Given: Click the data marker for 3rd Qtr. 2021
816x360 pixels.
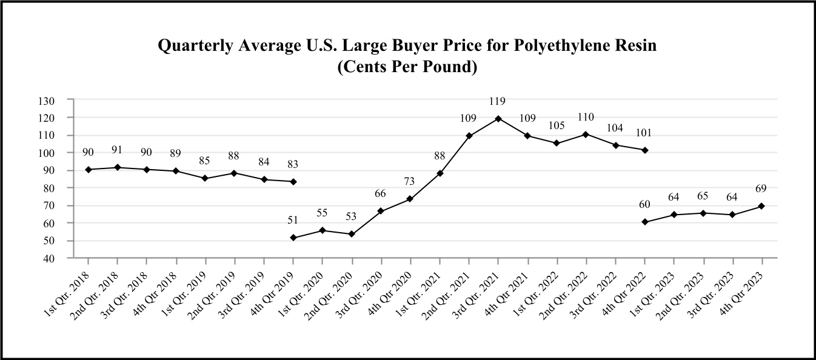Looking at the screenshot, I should pyautogui.click(x=498, y=118).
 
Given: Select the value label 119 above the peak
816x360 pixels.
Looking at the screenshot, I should pyautogui.click(x=498, y=101).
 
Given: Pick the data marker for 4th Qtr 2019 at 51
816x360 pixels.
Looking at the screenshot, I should pyautogui.click(x=293, y=238).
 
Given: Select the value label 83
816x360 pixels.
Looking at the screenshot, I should pyautogui.click(x=293, y=164).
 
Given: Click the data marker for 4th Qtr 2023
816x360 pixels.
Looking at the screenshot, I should pyautogui.click(x=761, y=206).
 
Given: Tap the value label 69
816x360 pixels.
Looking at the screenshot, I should pyautogui.click(x=761, y=188).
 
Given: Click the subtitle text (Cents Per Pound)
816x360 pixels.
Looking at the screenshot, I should pyautogui.click(x=407, y=67).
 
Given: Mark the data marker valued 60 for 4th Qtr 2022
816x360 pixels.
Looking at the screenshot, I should pyautogui.click(x=644, y=222).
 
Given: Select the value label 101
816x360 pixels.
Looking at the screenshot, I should pyautogui.click(x=644, y=133).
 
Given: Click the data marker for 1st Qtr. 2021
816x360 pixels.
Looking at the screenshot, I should pyautogui.click(x=440, y=173).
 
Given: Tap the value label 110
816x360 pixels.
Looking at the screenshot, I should pyautogui.click(x=586, y=117).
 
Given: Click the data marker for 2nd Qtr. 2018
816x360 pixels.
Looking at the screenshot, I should pyautogui.click(x=118, y=167).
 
